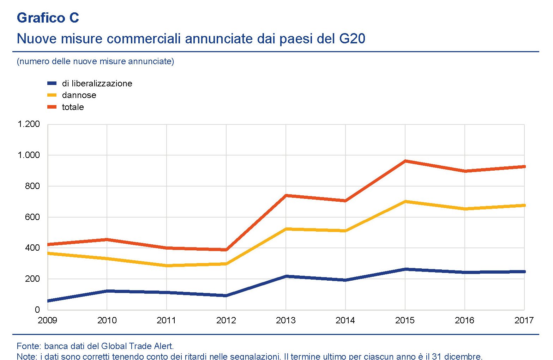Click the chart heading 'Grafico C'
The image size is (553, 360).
[x=48, y=18]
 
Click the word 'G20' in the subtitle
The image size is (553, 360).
[x=352, y=38]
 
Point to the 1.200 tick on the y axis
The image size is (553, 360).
[x=29, y=124]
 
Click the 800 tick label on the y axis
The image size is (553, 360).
[x=32, y=186]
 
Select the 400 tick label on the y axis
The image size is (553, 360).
[x=32, y=248]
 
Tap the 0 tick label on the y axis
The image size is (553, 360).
[x=37, y=310]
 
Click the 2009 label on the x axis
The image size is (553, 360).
[x=47, y=320]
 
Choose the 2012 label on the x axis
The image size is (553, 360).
[x=226, y=320]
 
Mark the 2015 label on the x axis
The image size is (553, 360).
[x=405, y=320]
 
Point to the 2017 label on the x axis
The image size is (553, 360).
[x=524, y=320]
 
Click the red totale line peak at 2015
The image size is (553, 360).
[x=405, y=161]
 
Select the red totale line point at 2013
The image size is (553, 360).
[x=286, y=195]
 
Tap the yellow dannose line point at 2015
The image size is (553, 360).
[x=405, y=201]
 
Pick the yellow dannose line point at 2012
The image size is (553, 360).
[x=226, y=264]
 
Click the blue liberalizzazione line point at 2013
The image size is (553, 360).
[x=286, y=276]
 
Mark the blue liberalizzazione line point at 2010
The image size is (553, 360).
[x=107, y=291]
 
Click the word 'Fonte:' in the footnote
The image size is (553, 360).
[x=29, y=346]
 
